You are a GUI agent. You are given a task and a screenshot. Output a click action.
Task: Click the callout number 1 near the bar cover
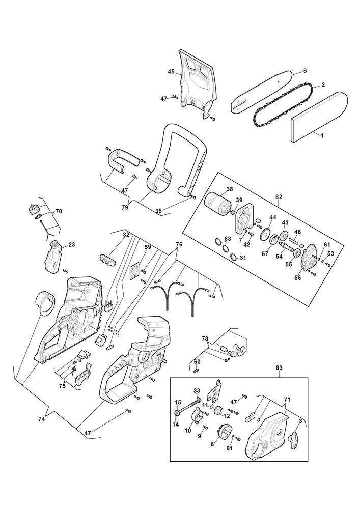(322, 136)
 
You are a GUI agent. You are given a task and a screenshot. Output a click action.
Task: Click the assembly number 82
(279, 196)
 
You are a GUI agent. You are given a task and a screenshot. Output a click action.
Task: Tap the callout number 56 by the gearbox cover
(297, 278)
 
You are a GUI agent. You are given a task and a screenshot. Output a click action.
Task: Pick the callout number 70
(59, 211)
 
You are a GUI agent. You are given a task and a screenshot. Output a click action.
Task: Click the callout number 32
(126, 234)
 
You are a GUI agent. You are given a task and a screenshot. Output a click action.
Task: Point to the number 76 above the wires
(179, 244)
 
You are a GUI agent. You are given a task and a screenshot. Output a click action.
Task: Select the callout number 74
(41, 419)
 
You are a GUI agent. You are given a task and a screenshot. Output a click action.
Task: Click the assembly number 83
(279, 368)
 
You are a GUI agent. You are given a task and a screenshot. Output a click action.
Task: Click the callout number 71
(287, 399)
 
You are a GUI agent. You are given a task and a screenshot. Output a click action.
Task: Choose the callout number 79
(125, 207)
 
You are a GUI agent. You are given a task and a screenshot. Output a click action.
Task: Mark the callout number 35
(158, 211)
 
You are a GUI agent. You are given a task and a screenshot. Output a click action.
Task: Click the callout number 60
(197, 362)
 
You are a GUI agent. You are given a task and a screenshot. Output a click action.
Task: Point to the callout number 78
(205, 339)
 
